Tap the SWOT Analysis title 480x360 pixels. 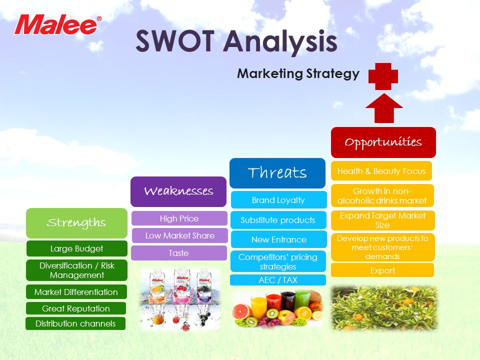coord(236,41)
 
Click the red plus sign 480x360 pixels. coord(383,76)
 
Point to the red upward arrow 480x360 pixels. coord(384,108)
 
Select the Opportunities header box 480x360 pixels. coord(383,142)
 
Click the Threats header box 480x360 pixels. coord(277,173)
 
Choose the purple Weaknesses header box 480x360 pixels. coord(178,191)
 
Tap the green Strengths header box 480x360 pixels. coord(76,223)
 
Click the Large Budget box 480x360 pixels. coord(76,248)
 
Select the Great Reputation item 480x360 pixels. coord(76,308)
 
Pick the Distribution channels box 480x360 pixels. coord(75,323)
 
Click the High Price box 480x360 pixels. coord(179,218)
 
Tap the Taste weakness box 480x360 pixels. coord(179,253)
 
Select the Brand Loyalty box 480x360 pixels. coord(278,200)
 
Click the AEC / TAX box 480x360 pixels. coord(278,280)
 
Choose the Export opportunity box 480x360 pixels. coord(382,270)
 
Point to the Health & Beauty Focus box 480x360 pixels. coord(381,171)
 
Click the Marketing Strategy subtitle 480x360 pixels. coord(298,74)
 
